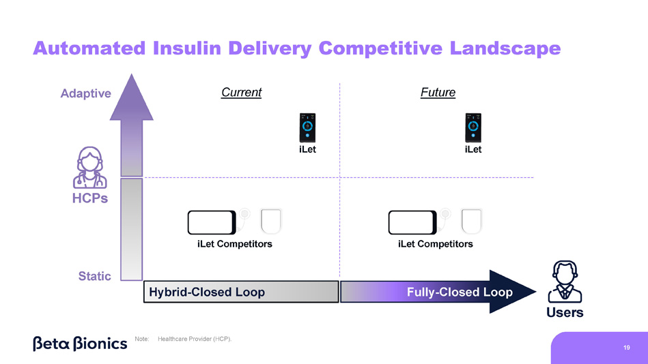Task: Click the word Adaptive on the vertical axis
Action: click(x=85, y=93)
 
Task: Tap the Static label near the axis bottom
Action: click(x=95, y=275)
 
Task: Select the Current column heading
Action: click(x=241, y=92)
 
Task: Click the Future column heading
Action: click(x=438, y=92)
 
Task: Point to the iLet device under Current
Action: click(x=307, y=127)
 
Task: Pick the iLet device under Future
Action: click(x=473, y=127)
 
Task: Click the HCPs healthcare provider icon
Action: click(x=90, y=168)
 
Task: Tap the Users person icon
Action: click(x=565, y=282)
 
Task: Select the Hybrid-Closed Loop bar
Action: click(x=241, y=292)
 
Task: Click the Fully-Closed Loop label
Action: click(x=460, y=292)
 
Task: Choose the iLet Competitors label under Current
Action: click(x=235, y=244)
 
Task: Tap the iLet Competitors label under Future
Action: click(x=436, y=244)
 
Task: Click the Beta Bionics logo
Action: click(x=80, y=344)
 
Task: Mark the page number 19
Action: click(x=627, y=348)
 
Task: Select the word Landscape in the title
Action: click(x=505, y=48)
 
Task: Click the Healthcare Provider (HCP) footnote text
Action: click(x=195, y=339)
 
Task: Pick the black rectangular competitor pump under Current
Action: click(x=212, y=222)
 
